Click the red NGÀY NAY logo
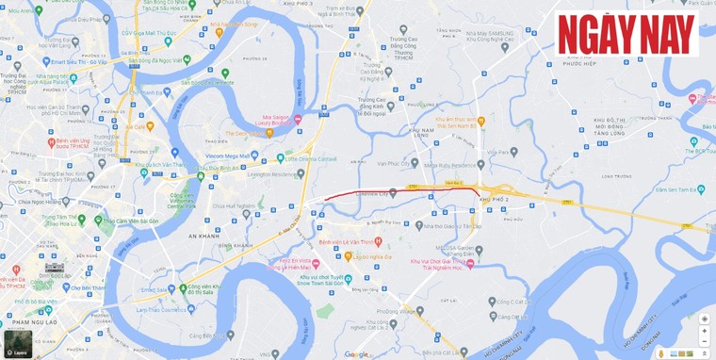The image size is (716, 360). pos(626,35)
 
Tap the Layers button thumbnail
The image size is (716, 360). pos(18,344)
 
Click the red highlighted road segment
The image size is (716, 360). pos(396,190)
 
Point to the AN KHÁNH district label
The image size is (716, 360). pos(204,236)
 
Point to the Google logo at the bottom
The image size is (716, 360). pos(356,354)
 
